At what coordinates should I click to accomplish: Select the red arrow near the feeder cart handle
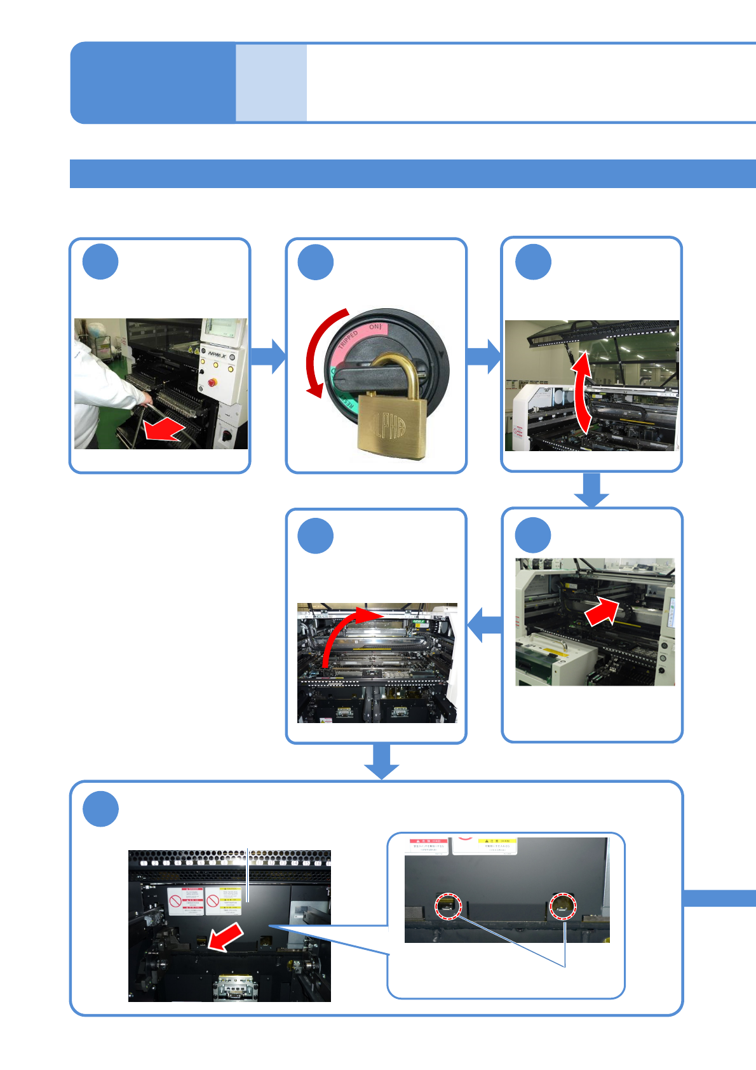164,430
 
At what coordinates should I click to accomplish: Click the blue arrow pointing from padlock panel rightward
483,356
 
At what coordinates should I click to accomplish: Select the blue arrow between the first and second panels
268,356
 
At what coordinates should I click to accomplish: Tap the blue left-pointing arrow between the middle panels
484,625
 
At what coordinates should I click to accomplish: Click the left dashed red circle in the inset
448,905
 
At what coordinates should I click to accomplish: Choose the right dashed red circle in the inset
562,906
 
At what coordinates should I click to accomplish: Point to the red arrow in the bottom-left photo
225,937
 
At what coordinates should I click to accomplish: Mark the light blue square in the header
271,83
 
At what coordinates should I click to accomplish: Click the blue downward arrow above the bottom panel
382,761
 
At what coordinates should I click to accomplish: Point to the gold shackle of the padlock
394,374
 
